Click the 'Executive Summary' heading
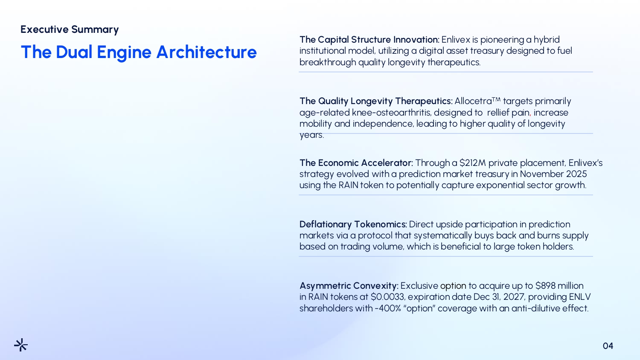tap(70, 29)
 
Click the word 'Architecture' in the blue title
tap(207, 52)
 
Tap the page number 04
tap(608, 346)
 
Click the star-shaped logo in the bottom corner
tap(21, 345)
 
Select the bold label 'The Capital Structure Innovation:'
tap(369, 39)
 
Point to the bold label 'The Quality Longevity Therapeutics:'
tap(376, 101)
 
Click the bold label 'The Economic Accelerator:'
tap(356, 163)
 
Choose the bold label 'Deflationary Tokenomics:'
tap(353, 224)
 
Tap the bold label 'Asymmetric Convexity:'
tap(349, 286)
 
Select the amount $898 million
tap(559, 286)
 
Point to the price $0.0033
tap(388, 297)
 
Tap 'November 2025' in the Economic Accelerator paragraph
tap(553, 174)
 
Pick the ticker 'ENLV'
tap(580, 297)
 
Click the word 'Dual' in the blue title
tap(74, 52)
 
